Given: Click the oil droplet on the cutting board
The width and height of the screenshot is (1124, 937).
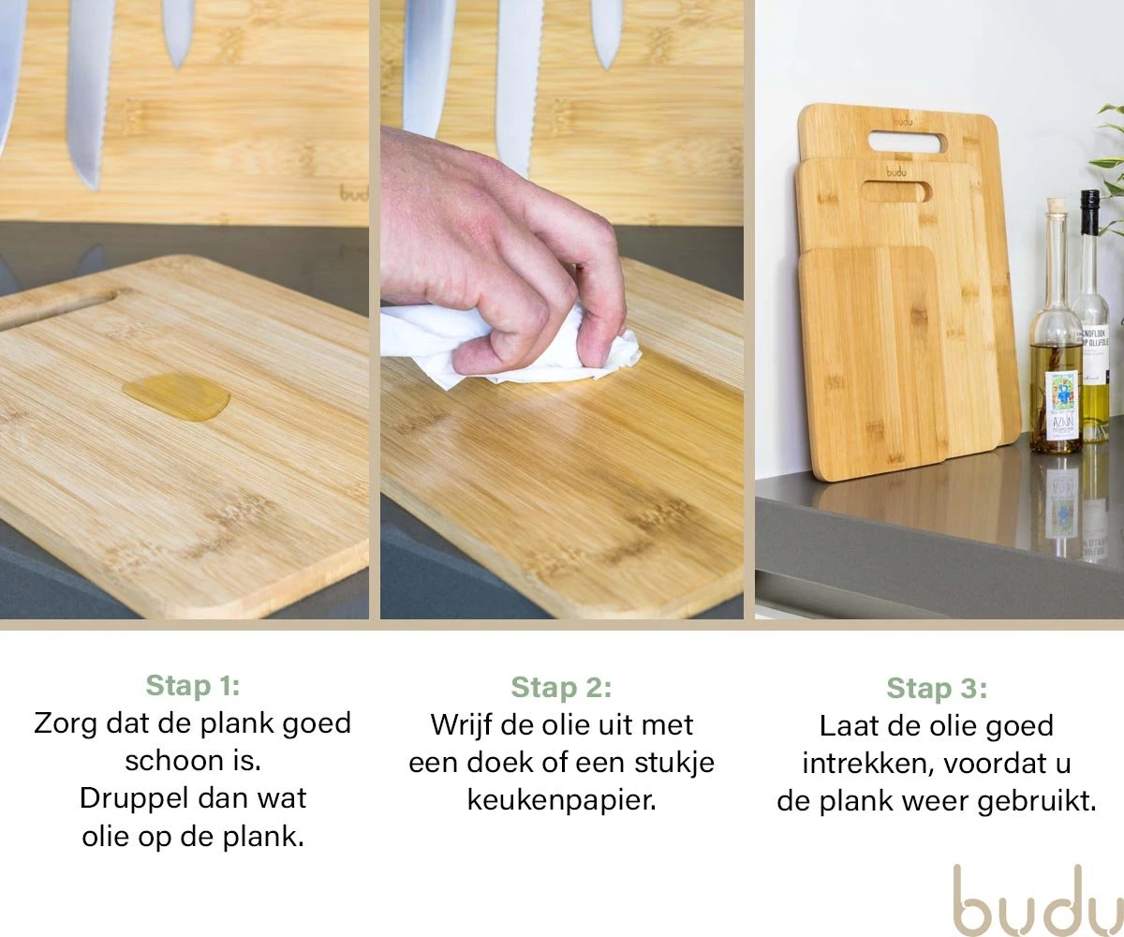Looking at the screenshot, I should [x=176, y=396].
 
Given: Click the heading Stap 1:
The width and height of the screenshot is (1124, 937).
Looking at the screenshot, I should [x=193, y=686].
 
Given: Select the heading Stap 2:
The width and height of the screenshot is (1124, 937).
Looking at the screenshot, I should [x=561, y=688].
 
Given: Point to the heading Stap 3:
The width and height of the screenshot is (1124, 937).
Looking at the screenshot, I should [x=937, y=689].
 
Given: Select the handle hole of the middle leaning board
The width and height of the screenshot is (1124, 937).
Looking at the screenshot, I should [x=896, y=192].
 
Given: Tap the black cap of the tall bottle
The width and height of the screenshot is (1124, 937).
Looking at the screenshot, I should [x=1089, y=212].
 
